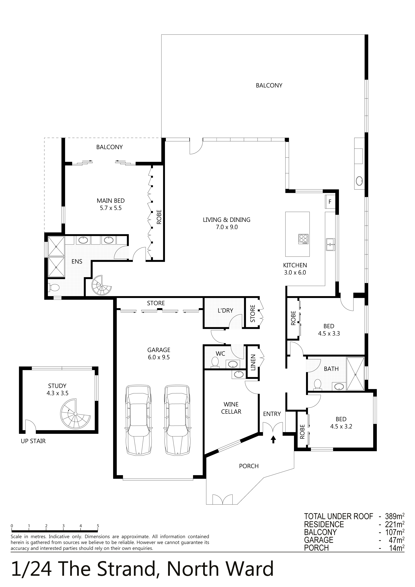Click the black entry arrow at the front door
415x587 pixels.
point(273,440)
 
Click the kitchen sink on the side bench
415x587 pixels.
point(330,244)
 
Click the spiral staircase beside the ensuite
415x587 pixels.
point(102,285)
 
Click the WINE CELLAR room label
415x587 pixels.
point(231,408)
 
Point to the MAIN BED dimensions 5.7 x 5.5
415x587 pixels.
point(111,208)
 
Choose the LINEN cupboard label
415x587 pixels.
point(253,363)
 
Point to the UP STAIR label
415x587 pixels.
point(33,441)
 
